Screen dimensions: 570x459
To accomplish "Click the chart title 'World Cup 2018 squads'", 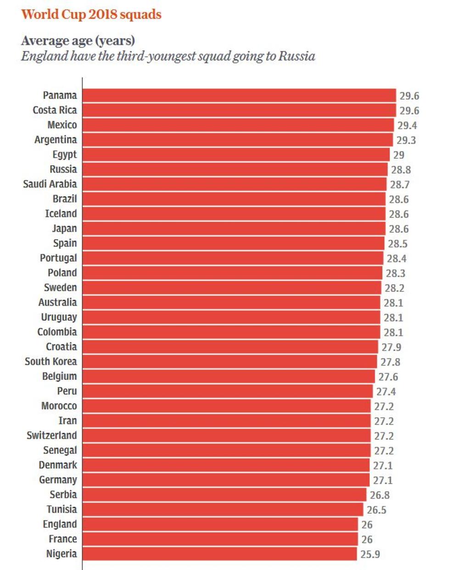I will click(x=91, y=14).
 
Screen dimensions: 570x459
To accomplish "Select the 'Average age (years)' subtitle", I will click(x=78, y=40).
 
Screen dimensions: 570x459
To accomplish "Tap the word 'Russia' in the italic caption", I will click(x=297, y=56).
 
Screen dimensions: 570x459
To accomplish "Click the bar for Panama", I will click(x=239, y=95).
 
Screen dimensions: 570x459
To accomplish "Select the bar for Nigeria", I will click(x=219, y=554).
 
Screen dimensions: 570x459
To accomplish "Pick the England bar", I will click(x=220, y=524).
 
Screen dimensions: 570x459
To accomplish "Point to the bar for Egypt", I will click(x=236, y=155).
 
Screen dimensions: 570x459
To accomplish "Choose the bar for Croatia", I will click(x=230, y=347).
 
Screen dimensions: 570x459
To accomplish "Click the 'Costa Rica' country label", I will click(x=55, y=110).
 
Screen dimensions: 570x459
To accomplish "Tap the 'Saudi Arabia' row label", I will click(x=50, y=184).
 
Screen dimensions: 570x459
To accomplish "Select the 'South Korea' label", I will click(x=50, y=362).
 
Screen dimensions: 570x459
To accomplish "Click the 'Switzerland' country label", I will click(x=51, y=436).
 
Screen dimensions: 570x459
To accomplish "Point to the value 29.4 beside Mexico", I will click(x=407, y=125).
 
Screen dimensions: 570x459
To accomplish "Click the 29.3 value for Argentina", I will click(x=406, y=140).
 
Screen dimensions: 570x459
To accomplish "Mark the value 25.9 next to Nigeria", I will click(x=369, y=554).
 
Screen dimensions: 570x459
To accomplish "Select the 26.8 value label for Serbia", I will click(x=380, y=495).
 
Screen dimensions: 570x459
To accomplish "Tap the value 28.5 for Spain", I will click(x=397, y=244).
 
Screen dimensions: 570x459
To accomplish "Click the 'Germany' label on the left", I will click(x=58, y=480).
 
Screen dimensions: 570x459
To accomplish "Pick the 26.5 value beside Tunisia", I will click(x=376, y=510).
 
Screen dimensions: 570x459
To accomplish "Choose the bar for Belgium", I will click(x=229, y=376).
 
